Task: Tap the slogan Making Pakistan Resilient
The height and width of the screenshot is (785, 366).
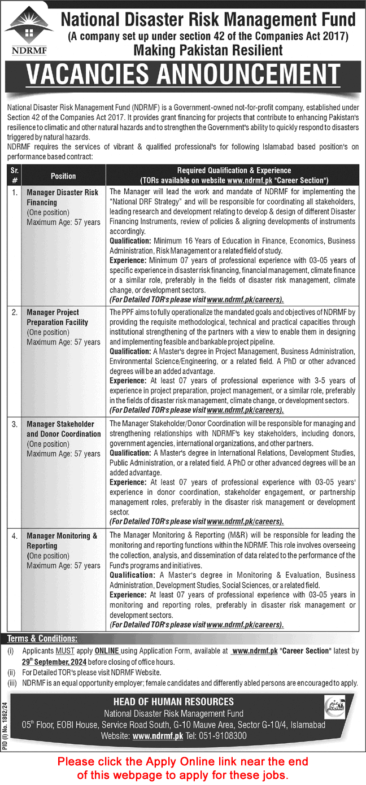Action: (208, 50)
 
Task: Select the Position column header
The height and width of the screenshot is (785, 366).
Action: (63, 176)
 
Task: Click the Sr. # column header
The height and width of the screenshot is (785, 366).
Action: (14, 176)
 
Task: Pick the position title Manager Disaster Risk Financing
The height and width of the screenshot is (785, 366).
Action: (63, 197)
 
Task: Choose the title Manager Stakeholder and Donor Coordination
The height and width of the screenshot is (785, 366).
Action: (64, 429)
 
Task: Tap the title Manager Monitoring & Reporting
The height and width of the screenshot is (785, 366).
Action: (62, 540)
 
